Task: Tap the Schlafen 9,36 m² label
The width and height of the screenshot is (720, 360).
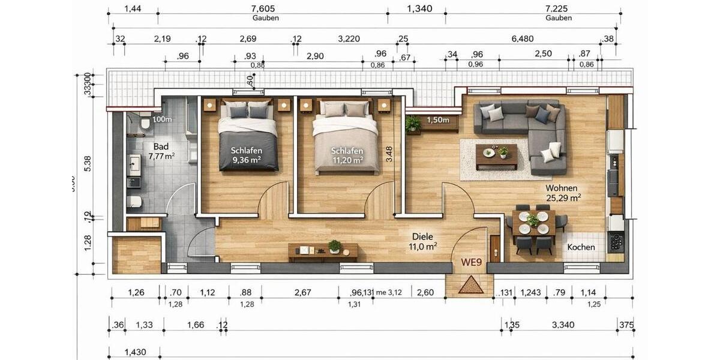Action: tap(247, 155)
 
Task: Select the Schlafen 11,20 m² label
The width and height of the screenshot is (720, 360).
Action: tap(347, 155)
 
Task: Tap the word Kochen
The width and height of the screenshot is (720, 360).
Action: tap(581, 247)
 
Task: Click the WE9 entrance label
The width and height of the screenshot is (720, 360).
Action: tap(472, 262)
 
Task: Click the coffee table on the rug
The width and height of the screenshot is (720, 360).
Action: tap(496, 154)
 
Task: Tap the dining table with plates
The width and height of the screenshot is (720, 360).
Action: tap(533, 223)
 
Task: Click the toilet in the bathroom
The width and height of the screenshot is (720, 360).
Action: tap(145, 122)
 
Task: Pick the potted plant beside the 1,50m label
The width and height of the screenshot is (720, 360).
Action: tap(413, 124)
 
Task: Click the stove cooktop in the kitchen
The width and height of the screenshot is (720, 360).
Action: tap(616, 241)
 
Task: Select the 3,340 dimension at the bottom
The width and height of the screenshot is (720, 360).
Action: tap(563, 325)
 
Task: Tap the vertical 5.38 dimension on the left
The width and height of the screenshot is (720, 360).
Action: tap(88, 163)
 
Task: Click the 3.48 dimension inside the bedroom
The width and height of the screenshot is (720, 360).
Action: tap(389, 155)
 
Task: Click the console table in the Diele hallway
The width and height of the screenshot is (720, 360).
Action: tap(323, 251)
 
